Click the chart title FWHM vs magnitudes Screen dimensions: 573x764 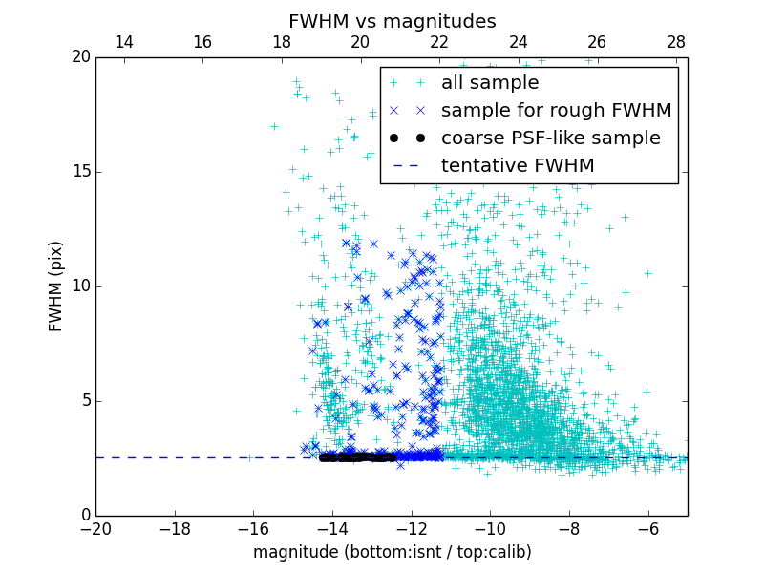click(392, 21)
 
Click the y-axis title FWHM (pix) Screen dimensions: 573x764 click(56, 286)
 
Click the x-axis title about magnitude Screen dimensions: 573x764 click(392, 552)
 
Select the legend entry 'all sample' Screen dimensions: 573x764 click(490, 83)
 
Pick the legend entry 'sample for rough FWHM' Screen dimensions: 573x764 click(556, 110)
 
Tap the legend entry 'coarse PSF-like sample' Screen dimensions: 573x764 click(550, 138)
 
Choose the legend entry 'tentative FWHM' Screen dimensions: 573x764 click(517, 165)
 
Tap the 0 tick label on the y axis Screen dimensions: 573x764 click(84, 516)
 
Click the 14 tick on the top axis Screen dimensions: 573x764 click(123, 42)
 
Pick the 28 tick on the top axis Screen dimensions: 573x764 click(676, 42)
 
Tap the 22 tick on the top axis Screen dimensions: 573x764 click(439, 42)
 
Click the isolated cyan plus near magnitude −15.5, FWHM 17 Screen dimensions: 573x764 click(274, 126)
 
